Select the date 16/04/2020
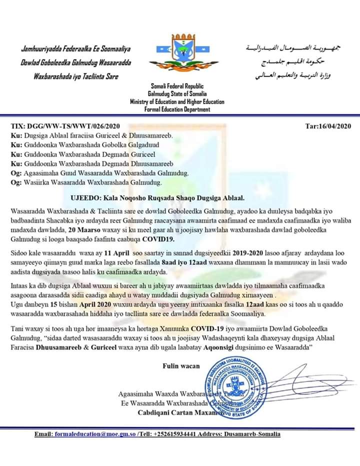pos(328,126)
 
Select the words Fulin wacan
pos(181,366)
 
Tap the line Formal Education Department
pos(177,109)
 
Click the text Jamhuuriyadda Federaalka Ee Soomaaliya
pos(75,49)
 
